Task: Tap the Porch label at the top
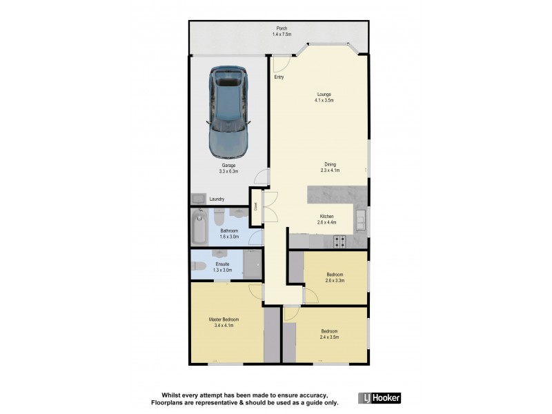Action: (x=279, y=29)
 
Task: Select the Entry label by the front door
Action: (x=279, y=77)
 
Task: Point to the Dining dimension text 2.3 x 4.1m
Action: (x=331, y=170)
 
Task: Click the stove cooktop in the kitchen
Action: (x=339, y=241)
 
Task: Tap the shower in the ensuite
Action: (x=253, y=266)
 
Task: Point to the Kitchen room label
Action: (x=326, y=215)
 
